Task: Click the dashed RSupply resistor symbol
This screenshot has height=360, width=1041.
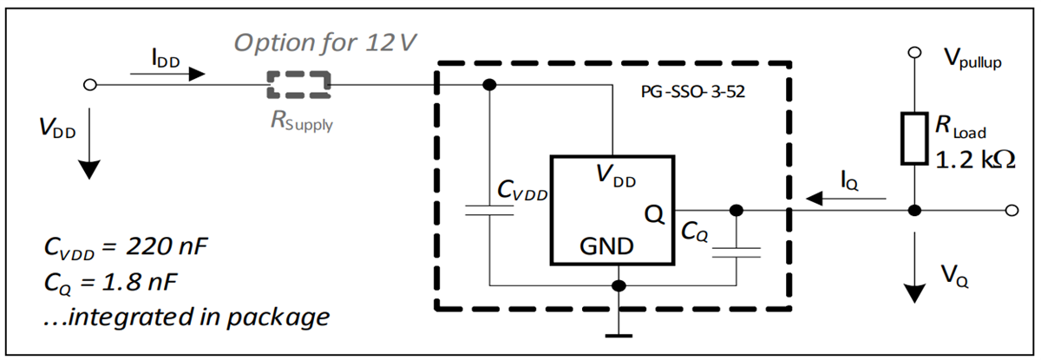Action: coord(298,85)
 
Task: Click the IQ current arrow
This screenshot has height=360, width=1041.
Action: coord(847,200)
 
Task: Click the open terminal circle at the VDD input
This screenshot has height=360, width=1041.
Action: coord(88,85)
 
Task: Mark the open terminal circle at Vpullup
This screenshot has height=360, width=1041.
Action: coord(913,54)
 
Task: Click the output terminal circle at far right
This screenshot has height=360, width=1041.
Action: coord(1010,210)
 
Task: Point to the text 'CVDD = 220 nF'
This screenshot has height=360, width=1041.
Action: coord(127,250)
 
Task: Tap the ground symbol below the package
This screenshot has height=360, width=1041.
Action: coord(618,334)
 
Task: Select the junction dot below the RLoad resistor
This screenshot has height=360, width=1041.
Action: coord(913,210)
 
